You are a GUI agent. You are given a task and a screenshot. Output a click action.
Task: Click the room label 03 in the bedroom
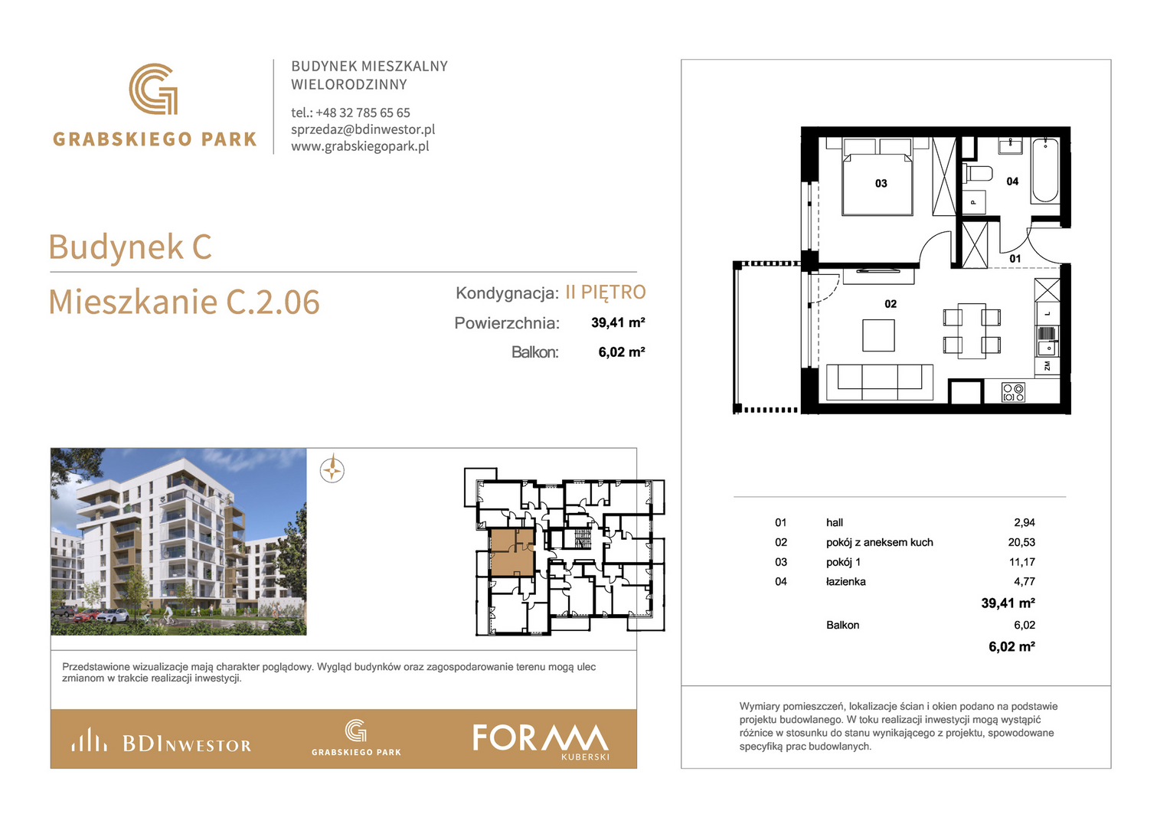point(881,183)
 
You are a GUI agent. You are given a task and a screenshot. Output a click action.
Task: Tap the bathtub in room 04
point(1045,170)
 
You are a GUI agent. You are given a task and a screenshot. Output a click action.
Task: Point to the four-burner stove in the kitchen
point(1013,392)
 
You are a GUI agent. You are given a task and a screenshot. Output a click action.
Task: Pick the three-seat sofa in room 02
point(880,382)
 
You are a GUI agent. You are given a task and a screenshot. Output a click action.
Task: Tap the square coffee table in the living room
point(878,335)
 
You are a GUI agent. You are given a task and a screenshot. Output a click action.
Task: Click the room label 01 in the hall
point(1015,259)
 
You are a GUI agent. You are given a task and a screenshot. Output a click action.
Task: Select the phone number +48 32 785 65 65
point(363,113)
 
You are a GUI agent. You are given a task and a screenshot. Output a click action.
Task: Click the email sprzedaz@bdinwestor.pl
point(363,129)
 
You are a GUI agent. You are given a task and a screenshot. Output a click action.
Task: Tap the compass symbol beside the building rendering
point(332,470)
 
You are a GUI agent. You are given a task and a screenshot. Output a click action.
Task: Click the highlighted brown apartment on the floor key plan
point(511,551)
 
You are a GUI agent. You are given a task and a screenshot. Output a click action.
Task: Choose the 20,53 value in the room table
point(1021,542)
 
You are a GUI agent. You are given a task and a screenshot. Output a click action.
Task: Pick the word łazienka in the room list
point(845,581)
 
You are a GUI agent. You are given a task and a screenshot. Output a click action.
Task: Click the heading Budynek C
point(130,247)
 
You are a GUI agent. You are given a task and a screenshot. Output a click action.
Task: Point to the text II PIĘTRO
point(606,293)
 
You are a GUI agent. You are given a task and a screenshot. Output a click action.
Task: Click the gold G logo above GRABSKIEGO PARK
point(154,89)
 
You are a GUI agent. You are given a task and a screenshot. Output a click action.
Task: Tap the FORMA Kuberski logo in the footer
point(541,741)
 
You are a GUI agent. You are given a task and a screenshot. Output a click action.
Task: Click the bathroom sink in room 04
point(1011,145)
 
